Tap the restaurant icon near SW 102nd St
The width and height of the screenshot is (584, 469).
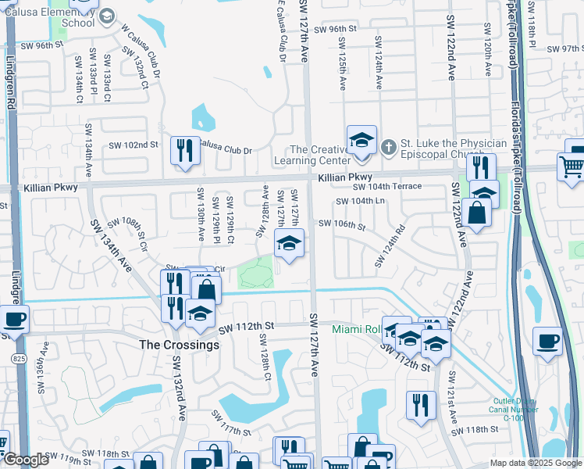point(185,150)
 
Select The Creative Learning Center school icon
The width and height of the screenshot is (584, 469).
point(361,140)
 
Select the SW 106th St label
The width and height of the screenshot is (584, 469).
point(342,225)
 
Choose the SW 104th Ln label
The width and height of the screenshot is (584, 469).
point(361,202)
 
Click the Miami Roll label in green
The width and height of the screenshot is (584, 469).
point(357,329)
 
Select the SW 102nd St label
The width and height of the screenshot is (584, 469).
point(133,145)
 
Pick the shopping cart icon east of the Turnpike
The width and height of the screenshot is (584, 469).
point(572,166)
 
